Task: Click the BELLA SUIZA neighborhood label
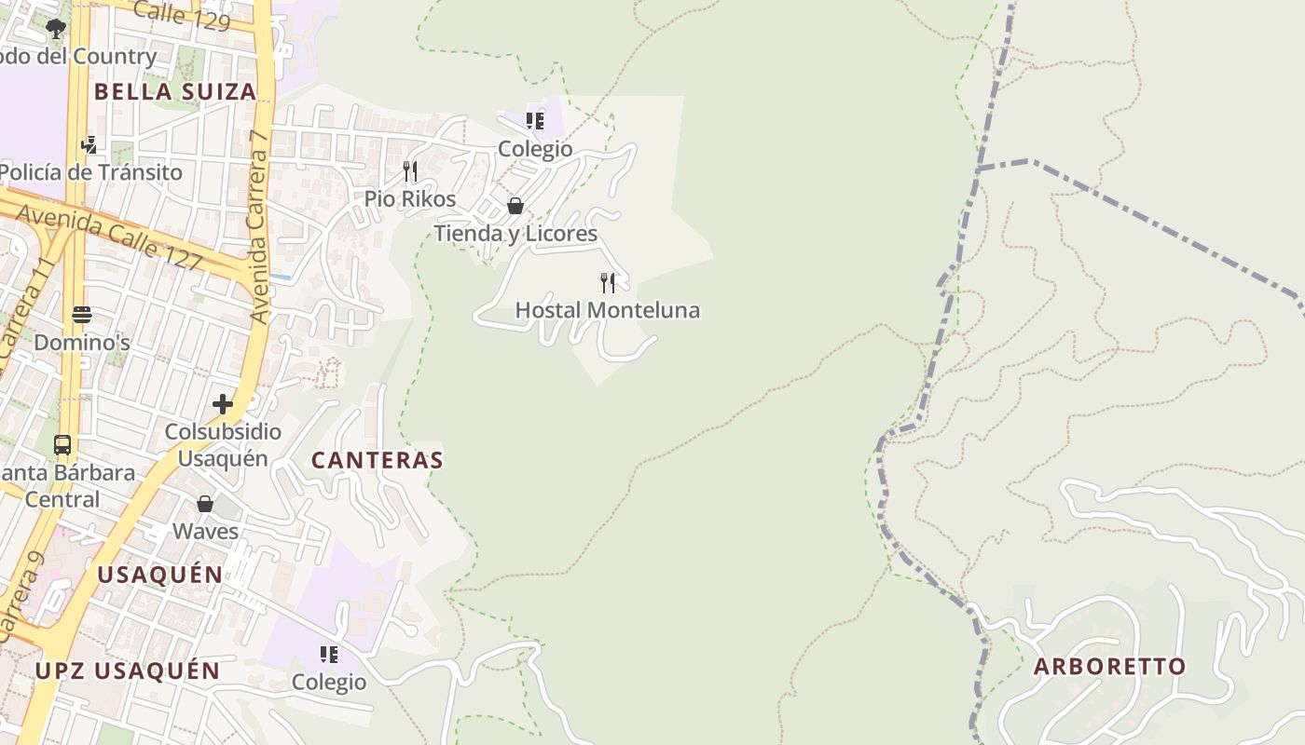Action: point(175,91)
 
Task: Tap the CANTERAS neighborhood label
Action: point(377,460)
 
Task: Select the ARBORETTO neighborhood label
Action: point(1109,667)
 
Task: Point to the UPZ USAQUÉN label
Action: point(128,670)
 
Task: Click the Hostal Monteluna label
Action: point(607,310)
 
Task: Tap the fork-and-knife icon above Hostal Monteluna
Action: point(608,282)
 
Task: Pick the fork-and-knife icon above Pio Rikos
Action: point(410,171)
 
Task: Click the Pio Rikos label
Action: point(410,199)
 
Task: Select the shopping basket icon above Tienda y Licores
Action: point(515,206)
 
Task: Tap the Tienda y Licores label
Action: point(515,233)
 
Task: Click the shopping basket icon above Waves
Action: point(205,504)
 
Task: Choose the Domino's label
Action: point(82,343)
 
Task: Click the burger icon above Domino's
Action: point(82,315)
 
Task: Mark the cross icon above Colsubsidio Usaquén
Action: point(222,404)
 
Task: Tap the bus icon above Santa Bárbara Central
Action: point(62,445)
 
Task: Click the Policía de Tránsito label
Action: point(90,172)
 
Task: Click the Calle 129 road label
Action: point(182,15)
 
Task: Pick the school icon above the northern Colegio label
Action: point(535,121)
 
